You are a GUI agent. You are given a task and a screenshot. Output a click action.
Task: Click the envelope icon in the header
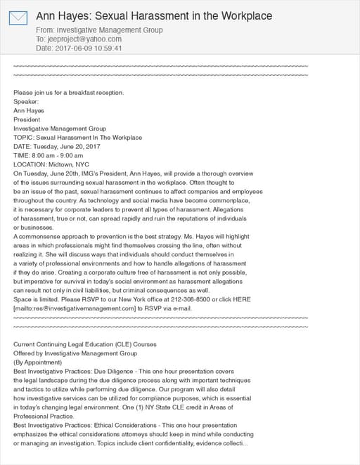pos(18,18)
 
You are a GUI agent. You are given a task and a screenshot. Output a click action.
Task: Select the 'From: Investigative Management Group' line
pos(99,30)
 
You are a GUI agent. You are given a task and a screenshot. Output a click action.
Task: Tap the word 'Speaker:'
pos(26,101)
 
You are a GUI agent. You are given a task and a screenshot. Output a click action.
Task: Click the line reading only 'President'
pos(28,119)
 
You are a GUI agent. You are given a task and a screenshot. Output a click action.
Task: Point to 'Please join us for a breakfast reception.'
pos(69,93)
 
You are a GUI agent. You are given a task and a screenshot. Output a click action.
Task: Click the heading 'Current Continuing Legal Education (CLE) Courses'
pos(85,344)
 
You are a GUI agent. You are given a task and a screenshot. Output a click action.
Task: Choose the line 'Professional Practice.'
pos(44,417)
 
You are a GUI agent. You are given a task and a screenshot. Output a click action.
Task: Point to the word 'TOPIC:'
pos(23,138)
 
